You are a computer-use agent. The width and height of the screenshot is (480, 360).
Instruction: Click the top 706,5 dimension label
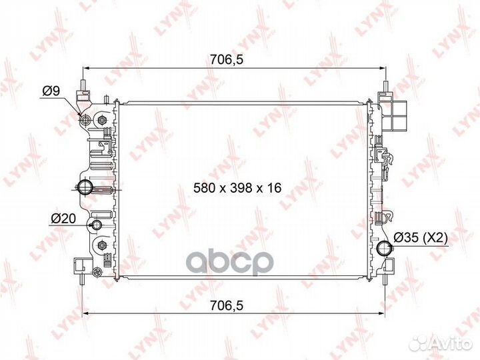click(x=226, y=59)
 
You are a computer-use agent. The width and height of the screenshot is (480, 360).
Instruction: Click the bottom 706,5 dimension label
click(x=226, y=305)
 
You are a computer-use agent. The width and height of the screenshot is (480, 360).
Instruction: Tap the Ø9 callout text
click(x=51, y=91)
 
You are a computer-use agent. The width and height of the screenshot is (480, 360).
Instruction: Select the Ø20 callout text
click(x=63, y=219)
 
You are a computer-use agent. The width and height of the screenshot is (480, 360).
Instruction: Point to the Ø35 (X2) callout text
click(x=421, y=237)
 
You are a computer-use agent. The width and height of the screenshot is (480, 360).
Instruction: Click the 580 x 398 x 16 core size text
click(x=237, y=187)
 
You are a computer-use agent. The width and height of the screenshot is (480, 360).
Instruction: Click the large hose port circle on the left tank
click(x=84, y=187)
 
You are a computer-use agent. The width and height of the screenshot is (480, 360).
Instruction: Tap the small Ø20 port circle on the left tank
click(x=97, y=225)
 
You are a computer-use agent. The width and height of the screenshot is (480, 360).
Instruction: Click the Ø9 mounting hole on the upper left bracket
click(x=85, y=119)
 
